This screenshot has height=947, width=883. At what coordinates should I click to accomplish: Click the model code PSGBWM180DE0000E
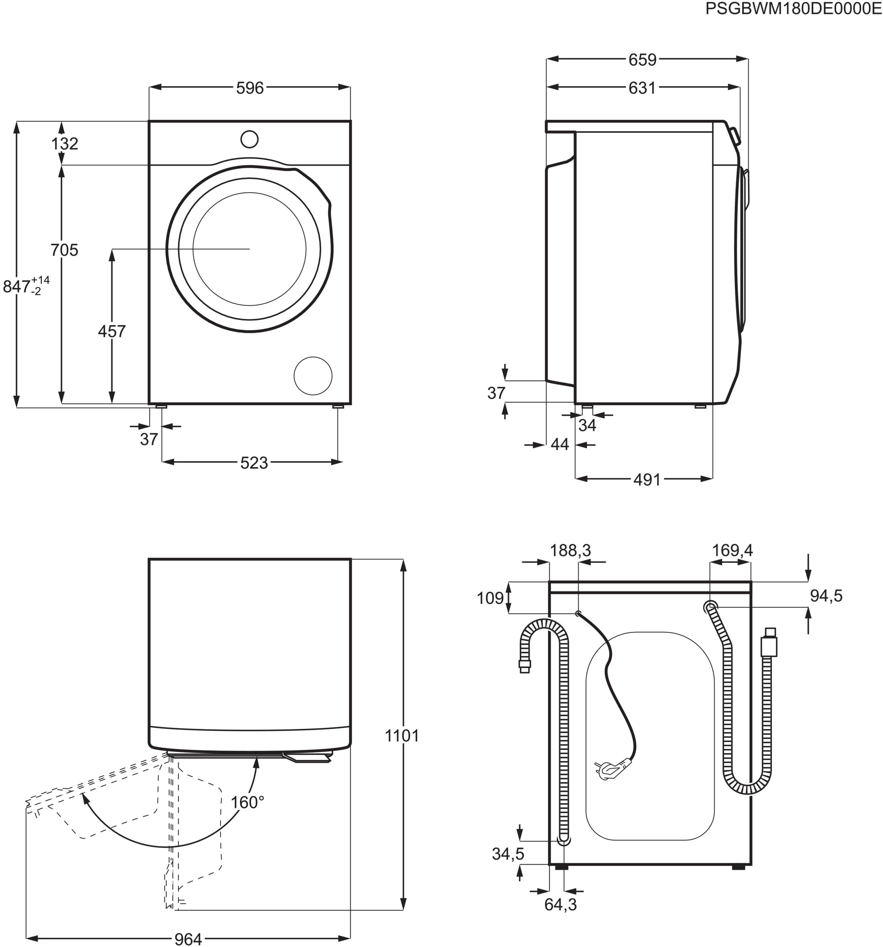pyautogui.click(x=793, y=9)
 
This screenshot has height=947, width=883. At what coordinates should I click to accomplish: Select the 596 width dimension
pyautogui.click(x=250, y=88)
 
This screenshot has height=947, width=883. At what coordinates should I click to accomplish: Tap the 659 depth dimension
pyautogui.click(x=642, y=60)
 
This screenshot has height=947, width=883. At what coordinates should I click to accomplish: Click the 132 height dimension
pyautogui.click(x=65, y=144)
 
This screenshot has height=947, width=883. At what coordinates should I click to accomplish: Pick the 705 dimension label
pyautogui.click(x=64, y=250)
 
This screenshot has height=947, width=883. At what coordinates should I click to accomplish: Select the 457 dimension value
pyautogui.click(x=111, y=331)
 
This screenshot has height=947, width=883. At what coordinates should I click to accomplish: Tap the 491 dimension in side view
pyautogui.click(x=647, y=480)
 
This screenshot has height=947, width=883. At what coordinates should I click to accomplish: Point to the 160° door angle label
pyautogui.click(x=247, y=803)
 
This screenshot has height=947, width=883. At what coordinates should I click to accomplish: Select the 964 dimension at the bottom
pyautogui.click(x=188, y=939)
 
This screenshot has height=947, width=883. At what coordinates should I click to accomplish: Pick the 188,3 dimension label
pyautogui.click(x=570, y=551)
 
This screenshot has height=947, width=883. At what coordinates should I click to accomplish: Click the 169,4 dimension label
pyautogui.click(x=732, y=551)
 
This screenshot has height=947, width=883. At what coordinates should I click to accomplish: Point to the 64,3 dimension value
pyautogui.click(x=561, y=904)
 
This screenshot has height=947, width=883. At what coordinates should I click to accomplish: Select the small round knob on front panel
pyautogui.click(x=250, y=139)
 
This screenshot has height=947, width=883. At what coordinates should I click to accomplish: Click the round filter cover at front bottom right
pyautogui.click(x=313, y=376)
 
